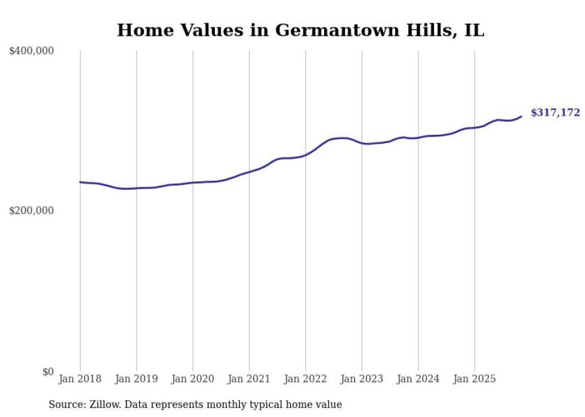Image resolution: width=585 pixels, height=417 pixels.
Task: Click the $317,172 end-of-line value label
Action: pos(555,113)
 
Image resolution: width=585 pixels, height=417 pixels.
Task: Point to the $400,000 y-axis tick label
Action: pos(32,51)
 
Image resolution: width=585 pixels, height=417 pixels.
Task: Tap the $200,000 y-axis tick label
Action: pos(32,211)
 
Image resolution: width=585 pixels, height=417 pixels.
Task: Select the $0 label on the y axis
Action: pos(48,372)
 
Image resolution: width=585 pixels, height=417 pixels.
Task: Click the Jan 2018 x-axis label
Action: pos(80,379)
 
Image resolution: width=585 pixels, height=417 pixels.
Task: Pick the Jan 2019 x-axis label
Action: pos(136,379)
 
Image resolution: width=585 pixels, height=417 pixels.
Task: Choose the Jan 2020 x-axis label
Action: pos(193,379)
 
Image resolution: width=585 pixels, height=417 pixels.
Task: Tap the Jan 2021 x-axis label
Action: pos(249,379)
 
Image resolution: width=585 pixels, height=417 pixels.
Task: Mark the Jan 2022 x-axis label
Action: pos(306,379)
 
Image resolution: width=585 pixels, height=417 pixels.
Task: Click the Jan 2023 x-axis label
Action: pos(362,379)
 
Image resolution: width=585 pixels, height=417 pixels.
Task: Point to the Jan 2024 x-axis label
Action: pos(418,379)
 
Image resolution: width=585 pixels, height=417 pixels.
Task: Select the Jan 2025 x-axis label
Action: pos(475,379)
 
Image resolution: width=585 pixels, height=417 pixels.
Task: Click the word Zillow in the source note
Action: pos(110,405)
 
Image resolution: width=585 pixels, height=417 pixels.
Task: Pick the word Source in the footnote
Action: pos(65,405)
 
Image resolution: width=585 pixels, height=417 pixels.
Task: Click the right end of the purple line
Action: pos(521,116)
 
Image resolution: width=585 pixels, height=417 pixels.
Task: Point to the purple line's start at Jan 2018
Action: pos(80,182)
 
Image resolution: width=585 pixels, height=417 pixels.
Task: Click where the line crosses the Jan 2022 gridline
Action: pos(306,155)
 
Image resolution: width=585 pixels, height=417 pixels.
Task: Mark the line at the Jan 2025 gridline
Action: pos(475,128)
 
